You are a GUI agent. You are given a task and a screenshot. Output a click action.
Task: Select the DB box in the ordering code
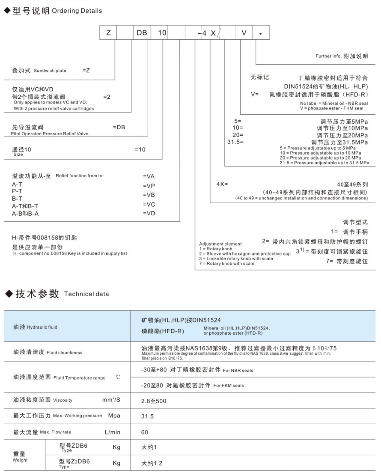(x=142, y=33)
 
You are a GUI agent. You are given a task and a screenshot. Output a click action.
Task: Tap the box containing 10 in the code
(x=159, y=33)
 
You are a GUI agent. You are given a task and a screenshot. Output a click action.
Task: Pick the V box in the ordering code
(x=244, y=33)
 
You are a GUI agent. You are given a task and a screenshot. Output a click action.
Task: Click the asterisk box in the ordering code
(x=261, y=33)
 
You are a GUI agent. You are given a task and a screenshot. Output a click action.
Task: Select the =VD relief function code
(x=149, y=213)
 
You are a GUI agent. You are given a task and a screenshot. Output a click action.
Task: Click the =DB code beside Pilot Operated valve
(x=119, y=127)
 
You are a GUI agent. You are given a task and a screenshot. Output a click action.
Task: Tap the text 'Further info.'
(x=329, y=56)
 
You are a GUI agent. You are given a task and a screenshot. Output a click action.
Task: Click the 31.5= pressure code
(x=235, y=142)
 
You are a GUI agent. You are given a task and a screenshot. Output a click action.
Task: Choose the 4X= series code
(x=223, y=184)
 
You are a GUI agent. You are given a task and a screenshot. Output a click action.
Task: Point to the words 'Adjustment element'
(x=220, y=244)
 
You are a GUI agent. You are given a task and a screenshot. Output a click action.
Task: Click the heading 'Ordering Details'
(x=77, y=11)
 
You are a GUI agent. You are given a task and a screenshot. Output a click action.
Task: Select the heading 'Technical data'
(x=86, y=294)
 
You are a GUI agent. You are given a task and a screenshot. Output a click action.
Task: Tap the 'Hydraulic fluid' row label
(x=42, y=327)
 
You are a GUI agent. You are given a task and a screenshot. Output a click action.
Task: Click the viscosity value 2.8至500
(x=154, y=401)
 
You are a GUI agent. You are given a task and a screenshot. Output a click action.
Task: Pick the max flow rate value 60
(x=145, y=432)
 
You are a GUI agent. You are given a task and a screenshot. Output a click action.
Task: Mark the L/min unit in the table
(x=113, y=432)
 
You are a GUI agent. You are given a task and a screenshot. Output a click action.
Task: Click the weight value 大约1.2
(x=152, y=463)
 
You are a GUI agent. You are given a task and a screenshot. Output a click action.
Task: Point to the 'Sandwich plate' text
(x=50, y=71)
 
